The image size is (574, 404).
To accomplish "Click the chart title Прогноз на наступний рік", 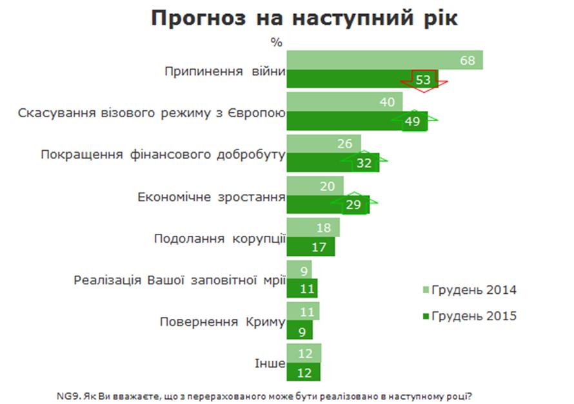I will click(304, 18).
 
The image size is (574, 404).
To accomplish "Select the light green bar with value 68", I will click(384, 60).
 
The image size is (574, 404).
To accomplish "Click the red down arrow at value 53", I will click(423, 80).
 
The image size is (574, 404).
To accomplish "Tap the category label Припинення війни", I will click(225, 70).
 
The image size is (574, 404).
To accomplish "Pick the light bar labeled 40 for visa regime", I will click(344, 101).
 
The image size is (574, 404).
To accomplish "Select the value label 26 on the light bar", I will click(345, 144).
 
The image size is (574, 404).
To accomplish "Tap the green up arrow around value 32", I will click(364, 162).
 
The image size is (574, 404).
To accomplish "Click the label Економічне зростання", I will click(212, 197).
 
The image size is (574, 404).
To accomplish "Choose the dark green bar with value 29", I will click(327, 205).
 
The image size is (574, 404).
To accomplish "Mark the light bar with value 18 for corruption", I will click(312, 227).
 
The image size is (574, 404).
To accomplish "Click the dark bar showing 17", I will click(310, 246).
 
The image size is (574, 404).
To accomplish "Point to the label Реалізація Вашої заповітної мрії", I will click(179, 280).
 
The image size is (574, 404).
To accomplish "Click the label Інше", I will click(273, 363).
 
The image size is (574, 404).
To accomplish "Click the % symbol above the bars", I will click(277, 43).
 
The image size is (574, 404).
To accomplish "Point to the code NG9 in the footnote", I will click(68, 394).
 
